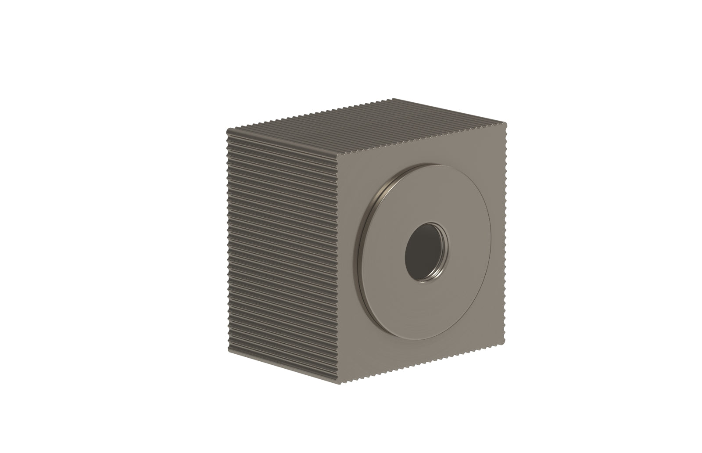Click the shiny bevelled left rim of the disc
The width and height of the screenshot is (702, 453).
[363, 246]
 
